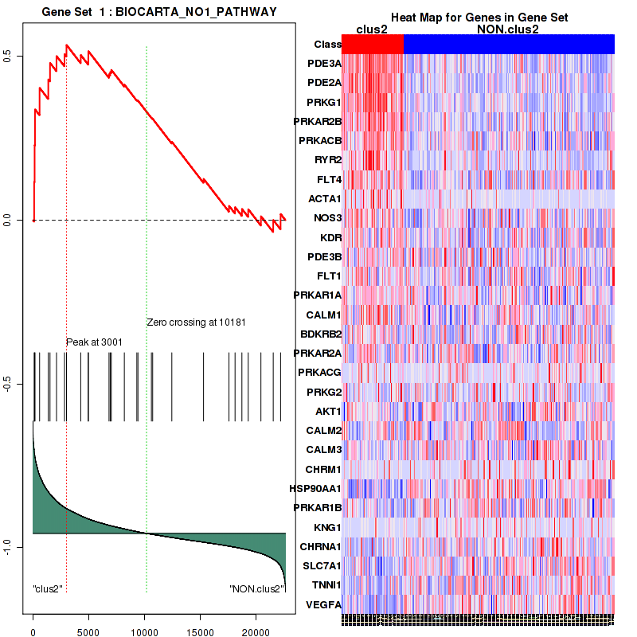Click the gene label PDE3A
pyautogui.click(x=324, y=64)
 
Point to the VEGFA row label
pyautogui.click(x=324, y=604)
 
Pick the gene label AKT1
pyautogui.click(x=328, y=412)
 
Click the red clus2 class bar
pyautogui.click(x=373, y=45)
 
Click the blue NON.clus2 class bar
pyautogui.click(x=509, y=45)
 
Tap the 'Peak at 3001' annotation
pyautogui.click(x=94, y=342)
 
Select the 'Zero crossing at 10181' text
pyautogui.click(x=193, y=322)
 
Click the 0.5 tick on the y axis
pyautogui.click(x=17, y=56)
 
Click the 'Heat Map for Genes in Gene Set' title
pyautogui.click(x=479, y=18)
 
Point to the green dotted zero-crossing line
pyautogui.click(x=147, y=239)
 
